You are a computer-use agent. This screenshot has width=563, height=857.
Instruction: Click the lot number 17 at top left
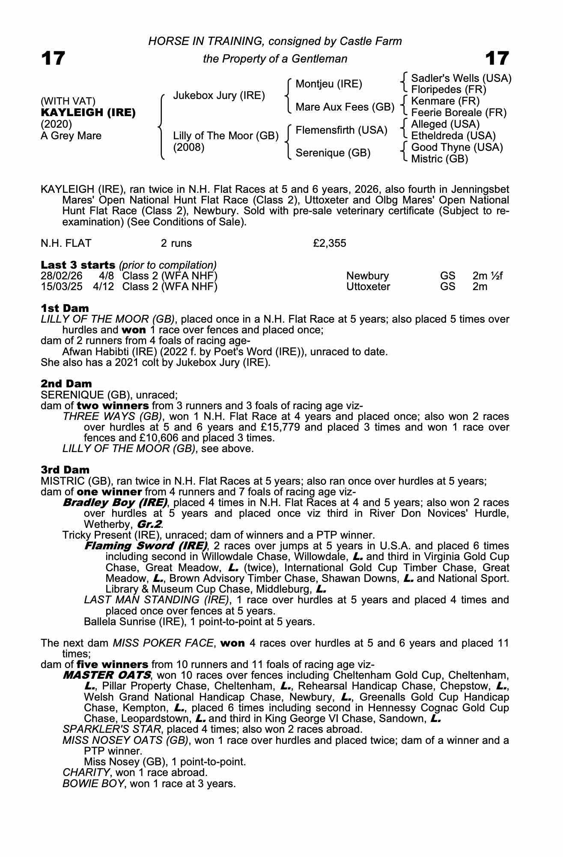pos(53,58)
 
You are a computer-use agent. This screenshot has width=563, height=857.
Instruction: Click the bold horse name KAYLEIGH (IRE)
pos(88,113)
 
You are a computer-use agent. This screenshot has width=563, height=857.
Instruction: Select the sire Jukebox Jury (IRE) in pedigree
pos(219,95)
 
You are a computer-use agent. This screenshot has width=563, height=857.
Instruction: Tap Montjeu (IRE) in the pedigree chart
pos(329,84)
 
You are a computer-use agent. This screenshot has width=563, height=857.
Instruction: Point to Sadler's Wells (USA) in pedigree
pos(461,78)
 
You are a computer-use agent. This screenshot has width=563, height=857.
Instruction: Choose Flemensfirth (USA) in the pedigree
pos(341,130)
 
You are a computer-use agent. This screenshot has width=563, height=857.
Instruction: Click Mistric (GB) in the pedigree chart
pos(439,159)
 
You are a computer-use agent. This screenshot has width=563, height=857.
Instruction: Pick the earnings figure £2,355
pos(329,243)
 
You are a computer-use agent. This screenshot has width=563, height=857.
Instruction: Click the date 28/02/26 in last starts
pos(61,276)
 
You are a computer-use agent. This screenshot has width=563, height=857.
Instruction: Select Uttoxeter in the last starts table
pos(368,286)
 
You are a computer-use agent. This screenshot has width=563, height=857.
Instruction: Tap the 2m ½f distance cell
pos(487,276)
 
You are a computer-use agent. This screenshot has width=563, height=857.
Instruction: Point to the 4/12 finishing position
pos(104,286)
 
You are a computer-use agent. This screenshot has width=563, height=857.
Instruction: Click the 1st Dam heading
pos(65,308)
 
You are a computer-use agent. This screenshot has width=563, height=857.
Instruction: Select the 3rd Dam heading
pos(65,470)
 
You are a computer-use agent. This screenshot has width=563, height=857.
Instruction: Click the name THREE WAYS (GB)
pos(112,417)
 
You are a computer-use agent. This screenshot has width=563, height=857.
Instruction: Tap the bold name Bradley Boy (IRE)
pos(115,502)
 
